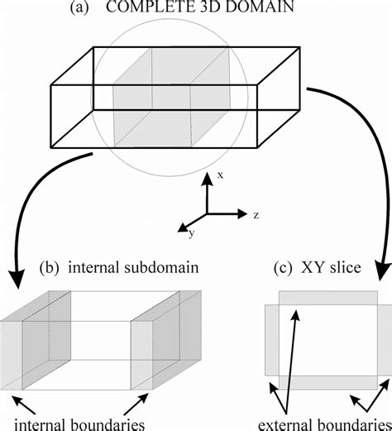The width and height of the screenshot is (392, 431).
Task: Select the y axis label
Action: coord(191,235)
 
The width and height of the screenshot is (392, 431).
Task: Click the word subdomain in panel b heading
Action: coord(151,270)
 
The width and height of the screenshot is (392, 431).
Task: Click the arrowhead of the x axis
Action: coord(208,181)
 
